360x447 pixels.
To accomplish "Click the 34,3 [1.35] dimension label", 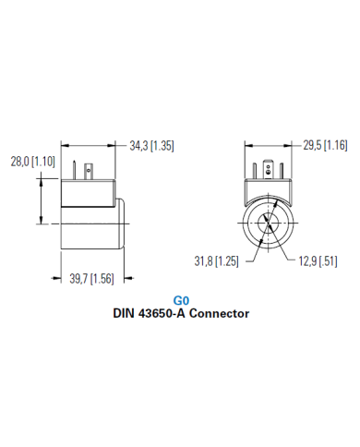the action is point(152,145).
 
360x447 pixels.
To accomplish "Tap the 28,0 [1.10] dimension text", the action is point(33,162).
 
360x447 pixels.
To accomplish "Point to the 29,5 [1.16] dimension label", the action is point(326,145).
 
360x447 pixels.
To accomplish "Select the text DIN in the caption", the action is point(125,314).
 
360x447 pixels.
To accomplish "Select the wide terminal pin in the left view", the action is point(90,171).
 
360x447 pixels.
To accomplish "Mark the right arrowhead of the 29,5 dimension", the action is point(295,145).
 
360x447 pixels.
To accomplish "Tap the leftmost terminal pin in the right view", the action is point(256,173).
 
